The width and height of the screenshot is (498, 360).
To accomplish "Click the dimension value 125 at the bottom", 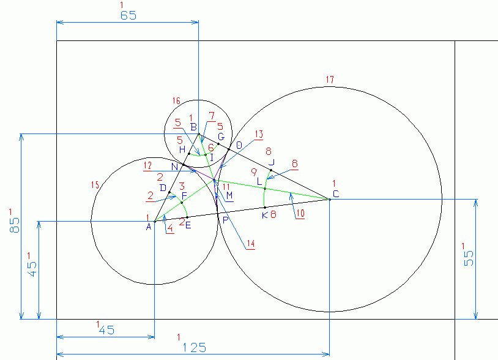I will coord(194,347).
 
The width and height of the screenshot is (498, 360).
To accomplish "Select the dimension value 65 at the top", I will coord(128,16).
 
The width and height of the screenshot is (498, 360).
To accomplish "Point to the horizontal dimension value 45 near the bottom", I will coord(106,329).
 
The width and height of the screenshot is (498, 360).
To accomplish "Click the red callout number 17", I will coord(330,80).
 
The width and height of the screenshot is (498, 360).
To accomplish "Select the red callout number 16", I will coord(176,100).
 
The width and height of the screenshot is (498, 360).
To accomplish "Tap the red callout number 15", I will coord(94,185).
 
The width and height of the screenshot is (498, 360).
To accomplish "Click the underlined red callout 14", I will coord(250,244).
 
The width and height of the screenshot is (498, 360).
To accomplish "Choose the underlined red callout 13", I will coord(258,134).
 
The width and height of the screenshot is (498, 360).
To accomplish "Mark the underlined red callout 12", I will coord(147,166).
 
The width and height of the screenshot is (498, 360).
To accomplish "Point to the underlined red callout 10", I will coord(299,214).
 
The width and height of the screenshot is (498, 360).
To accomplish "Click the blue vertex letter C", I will coord(335,194).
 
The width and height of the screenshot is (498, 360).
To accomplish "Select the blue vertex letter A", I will coord(148,227).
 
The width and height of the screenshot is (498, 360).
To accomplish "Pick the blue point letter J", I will coord(272,162).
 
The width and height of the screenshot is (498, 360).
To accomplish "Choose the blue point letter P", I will coord(225,220).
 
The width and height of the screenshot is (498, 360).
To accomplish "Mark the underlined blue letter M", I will coord(229,195).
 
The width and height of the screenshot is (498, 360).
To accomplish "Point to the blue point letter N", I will coord(174,167).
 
